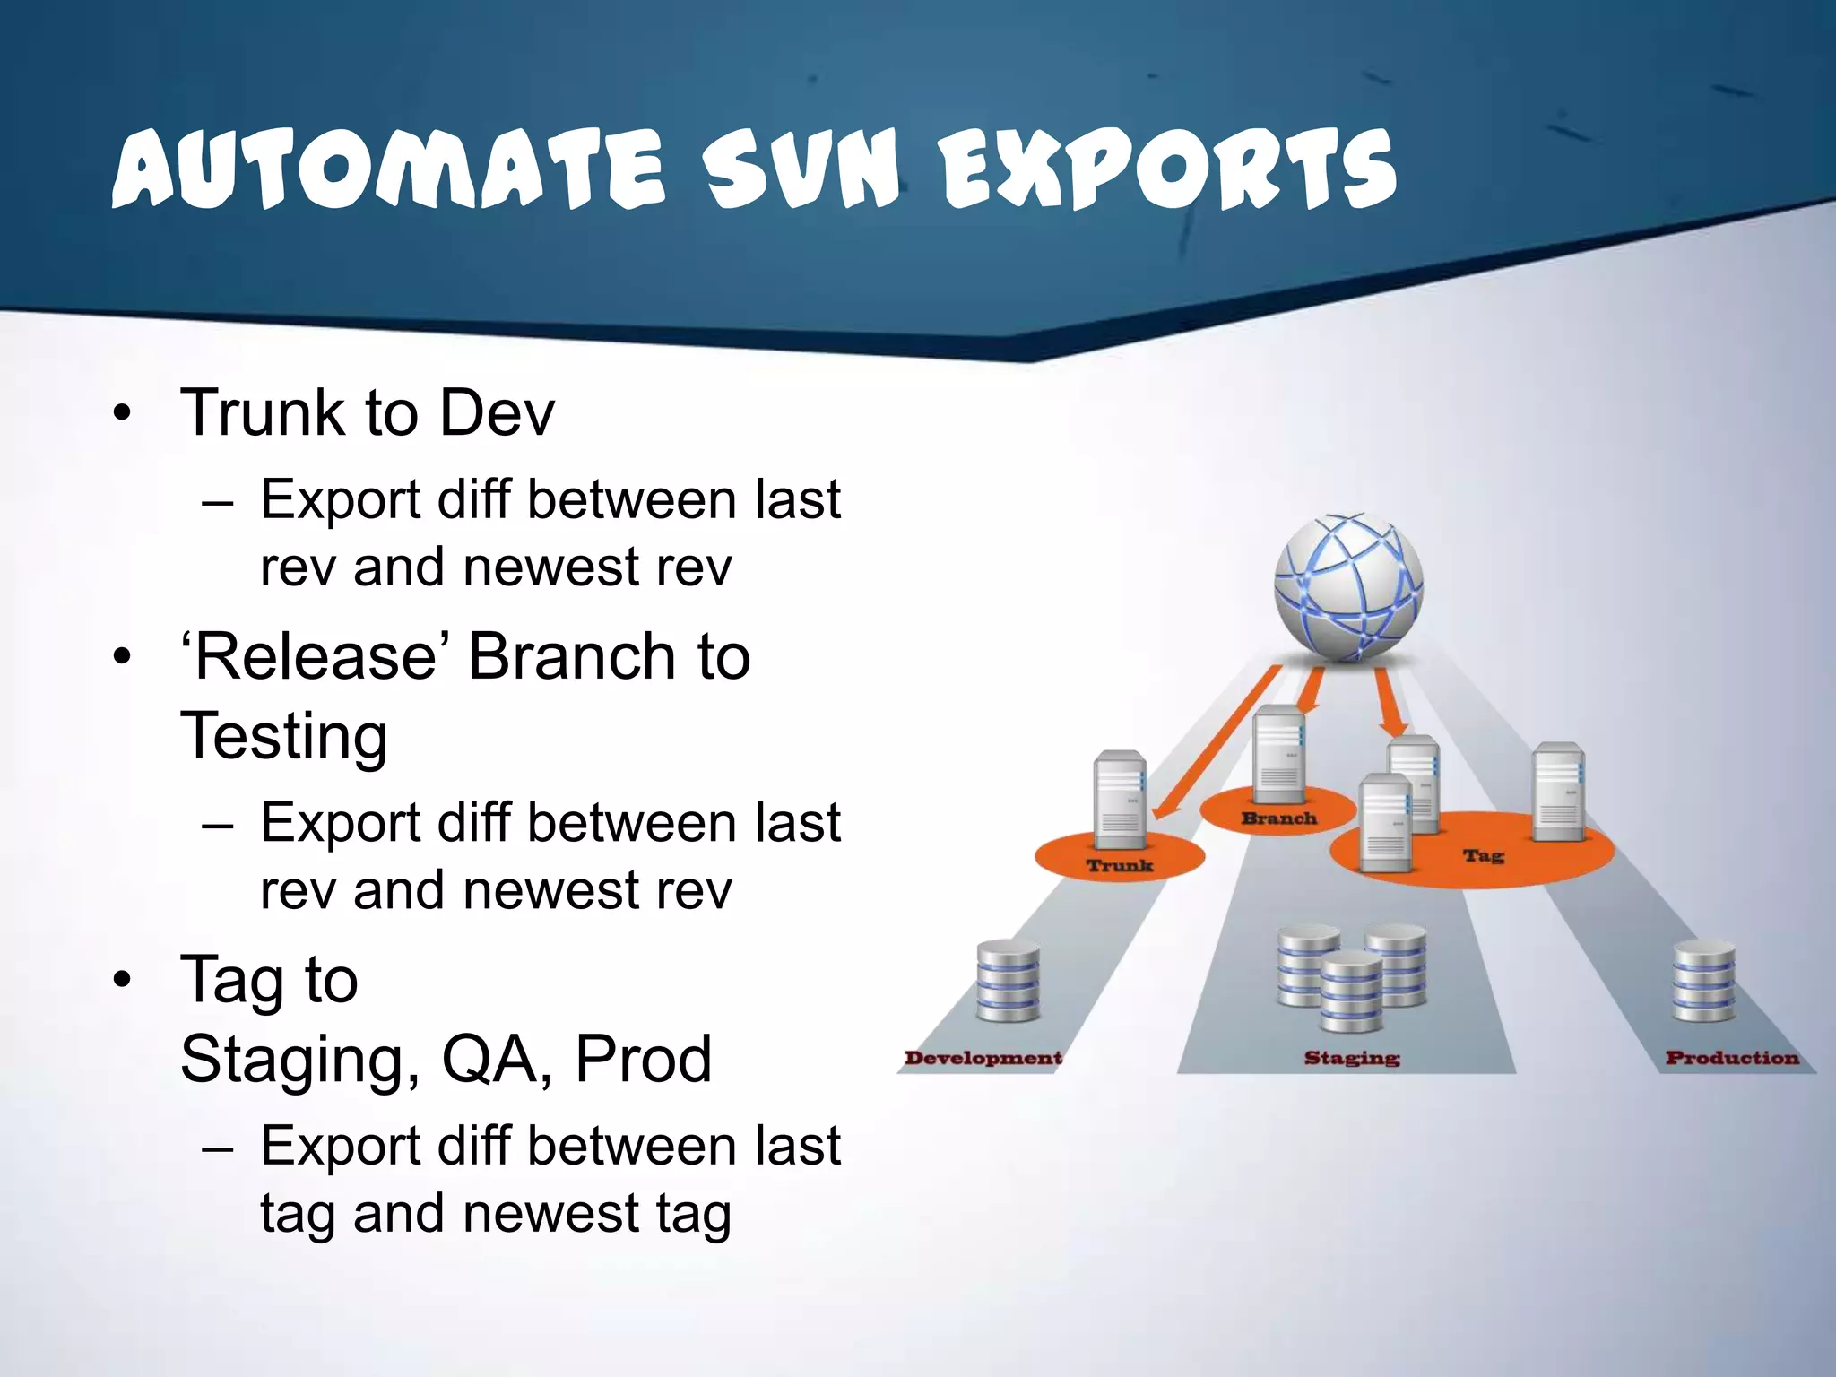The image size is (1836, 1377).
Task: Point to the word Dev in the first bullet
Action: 497,412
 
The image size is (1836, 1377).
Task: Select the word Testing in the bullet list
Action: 283,735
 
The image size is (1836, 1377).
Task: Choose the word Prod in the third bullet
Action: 643,1059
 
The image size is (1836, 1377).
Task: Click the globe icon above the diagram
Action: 1347,587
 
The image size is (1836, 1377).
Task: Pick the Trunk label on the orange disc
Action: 1119,865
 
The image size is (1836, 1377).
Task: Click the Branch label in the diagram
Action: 1278,818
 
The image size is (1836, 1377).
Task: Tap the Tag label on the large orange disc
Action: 1483,855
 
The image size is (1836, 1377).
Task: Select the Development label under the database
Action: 983,1058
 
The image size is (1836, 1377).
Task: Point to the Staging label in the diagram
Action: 1351,1058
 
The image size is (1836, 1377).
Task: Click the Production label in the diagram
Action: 1731,1058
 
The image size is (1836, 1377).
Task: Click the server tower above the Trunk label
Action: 1120,798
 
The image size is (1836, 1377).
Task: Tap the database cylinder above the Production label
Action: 1703,982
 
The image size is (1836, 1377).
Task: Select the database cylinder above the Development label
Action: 1008,982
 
